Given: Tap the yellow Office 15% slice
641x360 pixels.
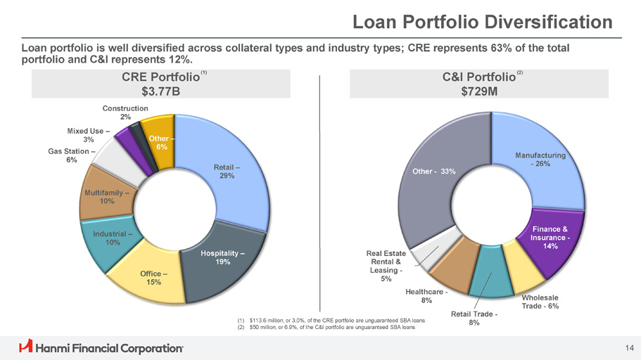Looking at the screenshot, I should click(151, 277).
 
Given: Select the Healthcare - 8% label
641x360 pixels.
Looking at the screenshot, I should click(427, 296).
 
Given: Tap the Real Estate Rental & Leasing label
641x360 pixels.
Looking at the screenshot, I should click(386, 265).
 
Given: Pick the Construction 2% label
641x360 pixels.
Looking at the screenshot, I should click(125, 112).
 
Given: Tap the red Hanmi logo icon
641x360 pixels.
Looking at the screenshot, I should click(26, 347).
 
